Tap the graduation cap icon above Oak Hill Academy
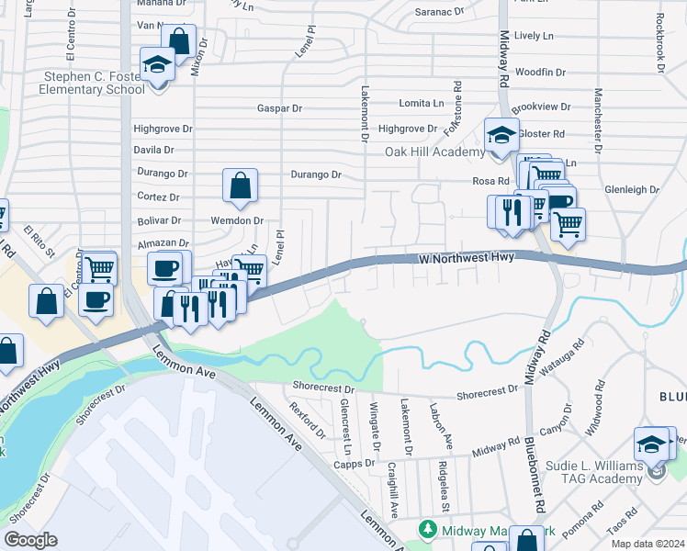(x=502, y=135)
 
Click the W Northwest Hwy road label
(x=467, y=259)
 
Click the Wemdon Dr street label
(x=237, y=221)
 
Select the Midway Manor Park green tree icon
(x=427, y=530)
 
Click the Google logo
(x=30, y=540)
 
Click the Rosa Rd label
(x=490, y=181)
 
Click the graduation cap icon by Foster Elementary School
(x=158, y=64)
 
